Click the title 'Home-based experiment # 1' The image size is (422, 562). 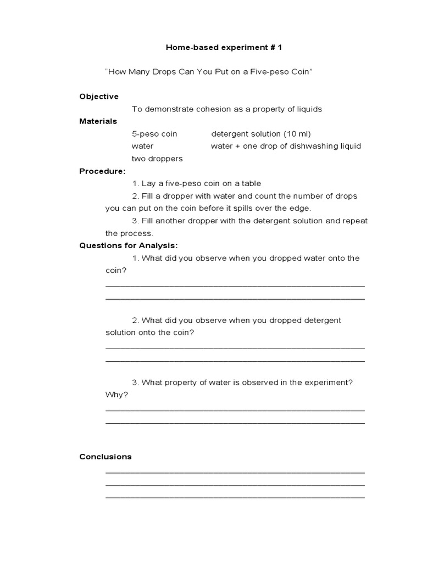point(224,48)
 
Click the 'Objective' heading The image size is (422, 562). point(99,97)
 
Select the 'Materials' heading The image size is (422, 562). point(98,121)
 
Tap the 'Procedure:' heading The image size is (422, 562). point(102,171)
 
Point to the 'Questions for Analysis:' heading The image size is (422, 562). point(129,245)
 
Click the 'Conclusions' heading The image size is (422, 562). point(105,457)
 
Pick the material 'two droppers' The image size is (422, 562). point(157,159)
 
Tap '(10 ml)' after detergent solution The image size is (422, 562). point(299,134)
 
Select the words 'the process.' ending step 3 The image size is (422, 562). point(129,233)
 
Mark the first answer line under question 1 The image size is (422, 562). point(235,286)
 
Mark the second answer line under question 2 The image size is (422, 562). point(235,361)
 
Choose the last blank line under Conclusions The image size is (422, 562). point(235,497)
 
